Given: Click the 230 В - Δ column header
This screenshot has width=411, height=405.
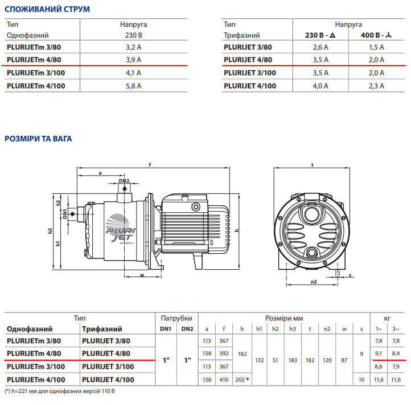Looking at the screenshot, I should pos(320,35).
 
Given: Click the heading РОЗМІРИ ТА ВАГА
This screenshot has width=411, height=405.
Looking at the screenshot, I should pos(38,139).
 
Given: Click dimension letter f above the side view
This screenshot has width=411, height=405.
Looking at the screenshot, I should pos(149,165).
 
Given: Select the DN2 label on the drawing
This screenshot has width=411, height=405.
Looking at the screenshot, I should pos(124,181).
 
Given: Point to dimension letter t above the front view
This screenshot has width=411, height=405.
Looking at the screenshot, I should pos(313,164).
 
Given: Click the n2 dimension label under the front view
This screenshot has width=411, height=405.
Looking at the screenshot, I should pos(313,282).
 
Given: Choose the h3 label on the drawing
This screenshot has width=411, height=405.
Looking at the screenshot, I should pos(50,231).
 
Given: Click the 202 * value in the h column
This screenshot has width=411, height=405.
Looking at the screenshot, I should pos(242,379).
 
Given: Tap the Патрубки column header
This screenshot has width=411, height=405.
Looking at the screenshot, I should pos(176,318).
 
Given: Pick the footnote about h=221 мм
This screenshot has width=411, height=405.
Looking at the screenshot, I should pos(60,391).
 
